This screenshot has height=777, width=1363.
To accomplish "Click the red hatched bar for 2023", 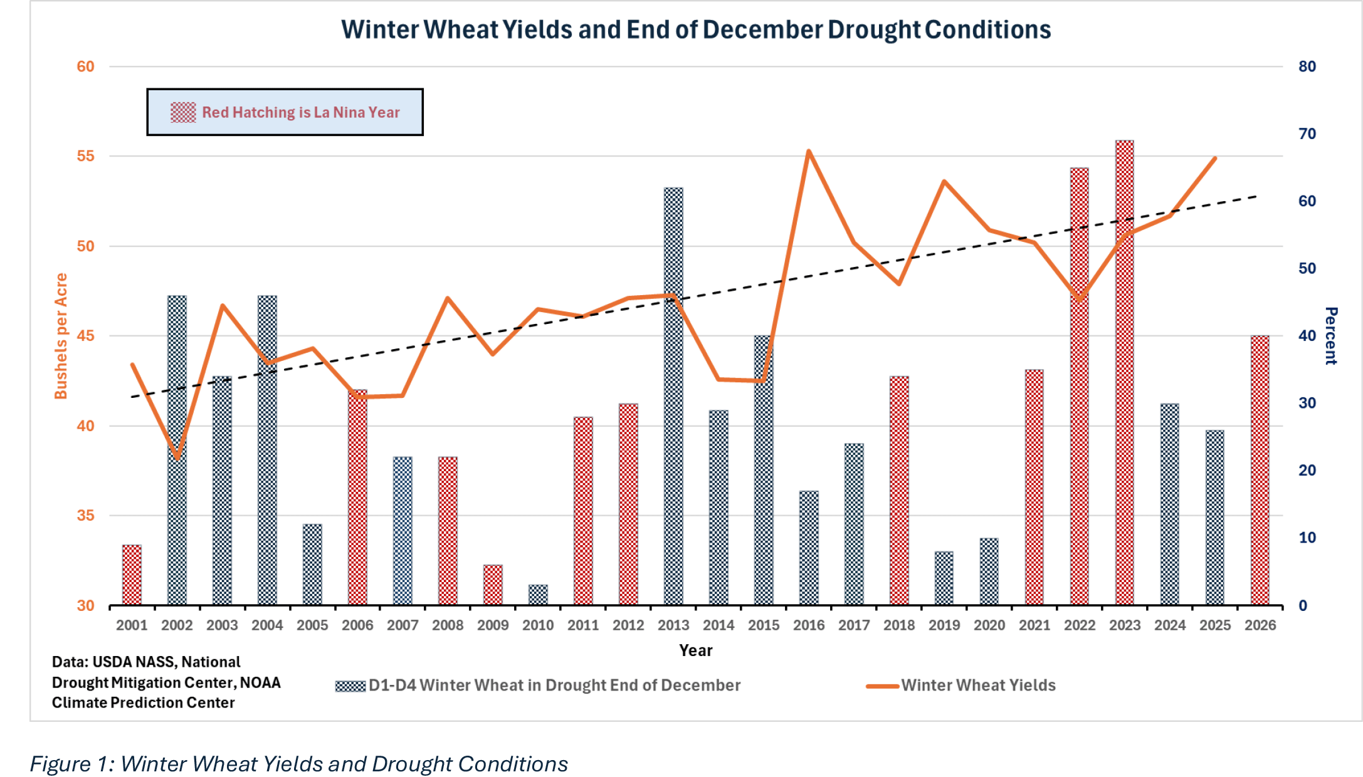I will [x=1125, y=376].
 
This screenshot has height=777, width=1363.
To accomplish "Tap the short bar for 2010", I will [x=538, y=595].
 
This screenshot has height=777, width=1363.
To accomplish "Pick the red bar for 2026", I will [x=1260, y=470].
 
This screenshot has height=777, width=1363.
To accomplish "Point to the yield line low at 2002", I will [x=177, y=459].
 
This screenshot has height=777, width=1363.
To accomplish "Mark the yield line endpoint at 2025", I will [x=1215, y=159].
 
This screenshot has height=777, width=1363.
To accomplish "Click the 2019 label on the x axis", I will [x=944, y=625].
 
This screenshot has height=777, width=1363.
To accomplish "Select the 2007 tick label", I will [x=403, y=625].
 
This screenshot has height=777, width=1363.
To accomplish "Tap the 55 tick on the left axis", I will [x=86, y=156].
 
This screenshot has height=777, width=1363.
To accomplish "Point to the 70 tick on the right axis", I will [x=1307, y=133].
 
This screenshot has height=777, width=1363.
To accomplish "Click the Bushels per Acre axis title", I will [x=61, y=336].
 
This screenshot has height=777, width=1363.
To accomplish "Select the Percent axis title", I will [x=1330, y=336].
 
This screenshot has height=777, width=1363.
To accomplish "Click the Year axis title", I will [x=695, y=650].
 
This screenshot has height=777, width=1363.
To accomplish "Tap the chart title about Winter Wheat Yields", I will [x=696, y=29].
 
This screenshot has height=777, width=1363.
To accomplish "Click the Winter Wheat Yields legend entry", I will [x=978, y=686].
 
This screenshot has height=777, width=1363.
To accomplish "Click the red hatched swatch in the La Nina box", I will [x=183, y=112].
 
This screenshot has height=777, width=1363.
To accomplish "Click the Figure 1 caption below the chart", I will [x=298, y=764].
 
